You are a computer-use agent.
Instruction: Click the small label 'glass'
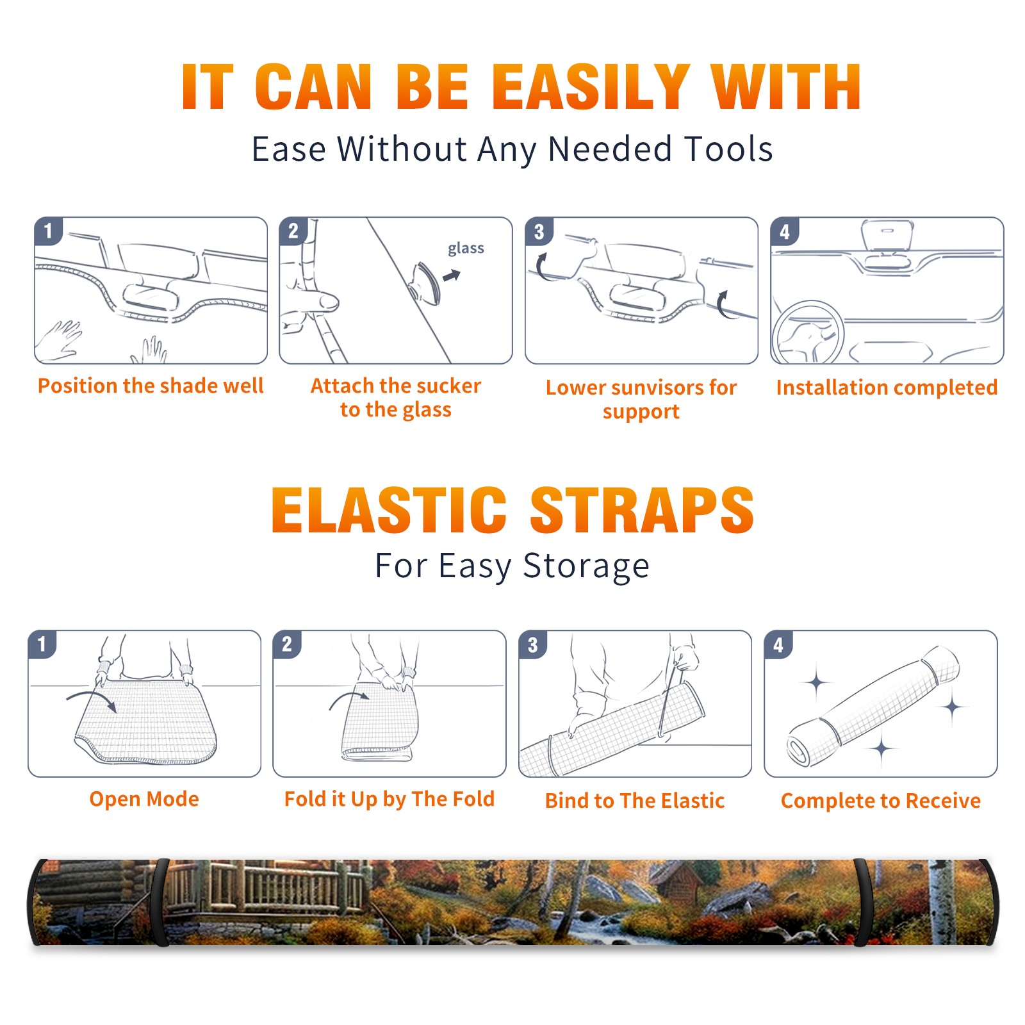point(466,249)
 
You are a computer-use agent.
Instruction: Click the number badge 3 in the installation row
point(539,231)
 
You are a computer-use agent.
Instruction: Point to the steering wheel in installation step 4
point(808,333)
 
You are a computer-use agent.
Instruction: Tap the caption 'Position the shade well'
point(151,386)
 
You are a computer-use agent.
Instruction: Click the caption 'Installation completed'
point(887,388)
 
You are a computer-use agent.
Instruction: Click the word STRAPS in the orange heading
point(642,510)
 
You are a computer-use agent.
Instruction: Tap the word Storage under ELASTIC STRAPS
point(586,567)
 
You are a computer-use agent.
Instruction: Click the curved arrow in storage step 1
point(92,699)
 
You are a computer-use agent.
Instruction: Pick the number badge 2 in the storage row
point(286,644)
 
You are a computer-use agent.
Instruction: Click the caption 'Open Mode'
point(144,799)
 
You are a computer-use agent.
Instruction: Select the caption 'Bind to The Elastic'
point(635,801)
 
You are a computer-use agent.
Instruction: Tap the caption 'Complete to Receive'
point(881,801)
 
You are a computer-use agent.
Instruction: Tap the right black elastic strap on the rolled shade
point(864,902)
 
